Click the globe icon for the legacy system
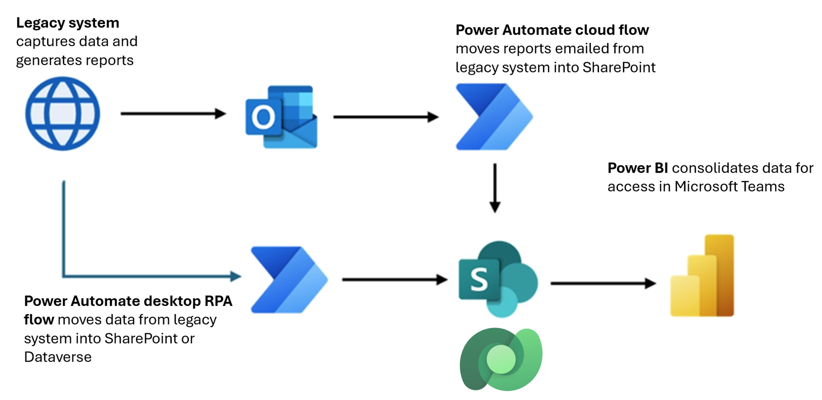(x=63, y=114)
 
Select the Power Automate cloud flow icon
(x=494, y=117)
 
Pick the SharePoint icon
(x=498, y=279)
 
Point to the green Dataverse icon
(x=501, y=359)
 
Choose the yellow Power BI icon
(x=702, y=276)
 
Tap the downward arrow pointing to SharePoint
(x=495, y=188)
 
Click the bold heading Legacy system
(x=68, y=23)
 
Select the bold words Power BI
(x=637, y=168)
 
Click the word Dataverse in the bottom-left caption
(x=58, y=357)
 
